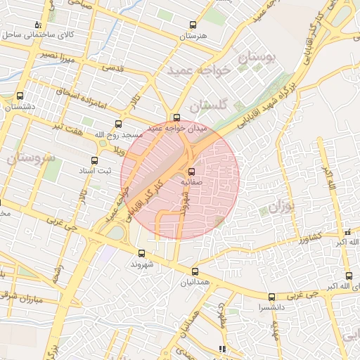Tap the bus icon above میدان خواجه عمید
pos(176,117)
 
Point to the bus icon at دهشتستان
pos(19,96)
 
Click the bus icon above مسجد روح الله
pos(118,124)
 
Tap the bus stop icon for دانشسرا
pos(271,297)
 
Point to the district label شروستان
pos(30,158)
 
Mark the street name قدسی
pos(113,69)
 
